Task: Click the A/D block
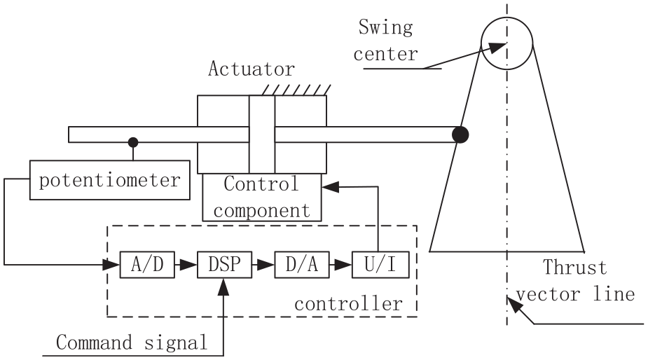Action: (147, 265)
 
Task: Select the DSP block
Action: (224, 265)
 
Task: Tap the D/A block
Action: (302, 265)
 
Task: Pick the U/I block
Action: (380, 265)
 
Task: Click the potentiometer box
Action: (110, 180)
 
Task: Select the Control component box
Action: (262, 197)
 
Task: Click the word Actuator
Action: (251, 69)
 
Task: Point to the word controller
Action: (348, 304)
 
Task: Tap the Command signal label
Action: (132, 342)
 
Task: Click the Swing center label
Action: (385, 41)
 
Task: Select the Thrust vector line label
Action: (575, 281)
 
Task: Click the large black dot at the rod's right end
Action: (460, 134)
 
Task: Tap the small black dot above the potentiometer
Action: (133, 143)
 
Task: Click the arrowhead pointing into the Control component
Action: (330, 187)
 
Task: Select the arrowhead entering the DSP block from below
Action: (223, 286)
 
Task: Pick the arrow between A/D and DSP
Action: (186, 265)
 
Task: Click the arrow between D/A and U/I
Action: (341, 265)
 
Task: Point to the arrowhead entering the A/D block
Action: (111, 265)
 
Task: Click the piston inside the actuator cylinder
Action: (262, 134)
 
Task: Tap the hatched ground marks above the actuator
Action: (296, 90)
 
